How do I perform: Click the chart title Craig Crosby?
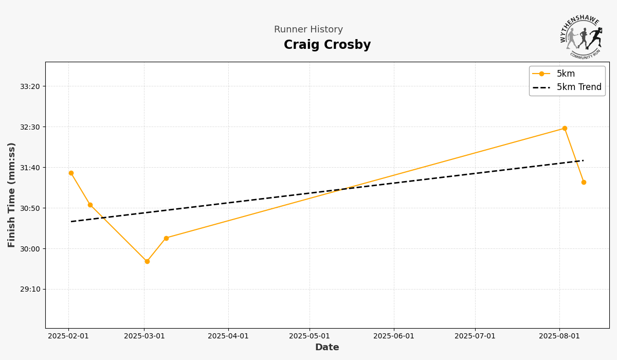327,45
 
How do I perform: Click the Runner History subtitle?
308,30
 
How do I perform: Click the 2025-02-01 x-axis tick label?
68,336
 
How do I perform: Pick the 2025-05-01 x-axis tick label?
310,336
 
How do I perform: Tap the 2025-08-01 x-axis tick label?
560,336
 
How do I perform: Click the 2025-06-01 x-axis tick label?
394,336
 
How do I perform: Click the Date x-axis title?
327,348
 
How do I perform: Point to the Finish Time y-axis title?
12,195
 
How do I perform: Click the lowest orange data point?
147,261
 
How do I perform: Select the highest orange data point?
565,129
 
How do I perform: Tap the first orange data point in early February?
71,173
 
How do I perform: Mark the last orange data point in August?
584,182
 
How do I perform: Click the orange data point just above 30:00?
166,238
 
